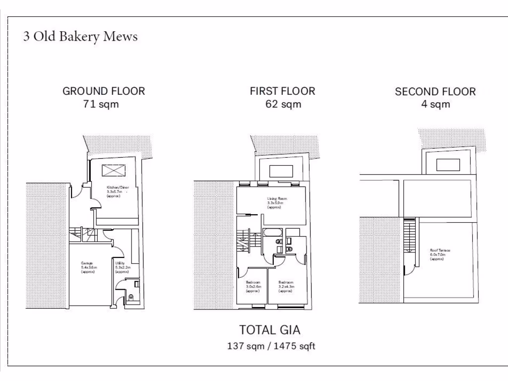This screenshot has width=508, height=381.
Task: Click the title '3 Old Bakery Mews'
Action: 80,37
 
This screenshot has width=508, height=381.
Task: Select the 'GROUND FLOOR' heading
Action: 104,91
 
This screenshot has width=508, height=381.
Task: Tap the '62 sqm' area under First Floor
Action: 282,104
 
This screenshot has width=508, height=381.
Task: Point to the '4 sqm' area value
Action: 435,104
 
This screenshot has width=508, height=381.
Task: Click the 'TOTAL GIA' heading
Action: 270,330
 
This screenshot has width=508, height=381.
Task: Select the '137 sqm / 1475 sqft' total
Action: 271,346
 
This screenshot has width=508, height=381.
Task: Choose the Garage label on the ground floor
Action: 88,267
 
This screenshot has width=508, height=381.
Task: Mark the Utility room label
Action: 122,267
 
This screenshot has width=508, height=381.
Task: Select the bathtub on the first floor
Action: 272,232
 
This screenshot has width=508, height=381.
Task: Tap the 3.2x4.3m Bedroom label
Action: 287,286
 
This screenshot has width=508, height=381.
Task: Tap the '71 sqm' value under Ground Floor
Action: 101,104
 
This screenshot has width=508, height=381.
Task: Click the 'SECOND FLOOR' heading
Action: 435,92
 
